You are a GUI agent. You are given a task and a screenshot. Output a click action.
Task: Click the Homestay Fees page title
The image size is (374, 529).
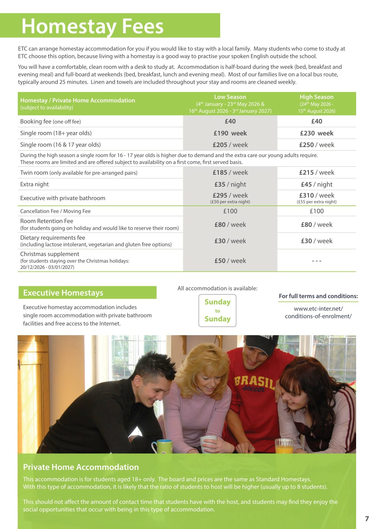(x=92, y=26)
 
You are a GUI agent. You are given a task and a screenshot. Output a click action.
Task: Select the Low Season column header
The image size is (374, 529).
(x=230, y=97)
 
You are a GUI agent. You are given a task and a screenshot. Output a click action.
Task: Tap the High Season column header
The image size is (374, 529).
(x=316, y=97)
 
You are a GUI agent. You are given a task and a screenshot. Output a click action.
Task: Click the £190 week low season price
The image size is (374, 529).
(x=230, y=133)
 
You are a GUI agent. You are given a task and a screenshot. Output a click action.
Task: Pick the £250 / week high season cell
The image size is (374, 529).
(x=316, y=145)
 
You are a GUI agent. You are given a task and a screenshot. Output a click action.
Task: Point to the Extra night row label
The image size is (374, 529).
(x=35, y=184)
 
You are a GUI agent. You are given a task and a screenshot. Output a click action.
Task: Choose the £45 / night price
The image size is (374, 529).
(x=316, y=184)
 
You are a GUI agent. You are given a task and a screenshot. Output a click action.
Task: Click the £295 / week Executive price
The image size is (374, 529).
(x=230, y=195)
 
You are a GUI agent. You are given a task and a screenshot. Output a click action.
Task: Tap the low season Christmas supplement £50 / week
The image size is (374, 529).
(x=230, y=261)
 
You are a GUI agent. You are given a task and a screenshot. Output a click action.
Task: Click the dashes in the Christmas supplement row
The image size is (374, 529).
(x=316, y=261)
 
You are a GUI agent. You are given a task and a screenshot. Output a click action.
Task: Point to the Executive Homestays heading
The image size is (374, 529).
(x=63, y=293)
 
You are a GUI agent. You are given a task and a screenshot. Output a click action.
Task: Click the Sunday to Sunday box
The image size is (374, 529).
(x=217, y=310)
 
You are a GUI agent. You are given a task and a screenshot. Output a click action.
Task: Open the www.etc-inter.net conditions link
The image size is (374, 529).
(x=318, y=313)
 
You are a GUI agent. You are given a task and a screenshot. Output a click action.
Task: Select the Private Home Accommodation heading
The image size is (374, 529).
(x=81, y=467)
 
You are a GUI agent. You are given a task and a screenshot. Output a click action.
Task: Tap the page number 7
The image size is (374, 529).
(x=367, y=519)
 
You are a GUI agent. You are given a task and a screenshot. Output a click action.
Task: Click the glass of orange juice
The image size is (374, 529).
(x=284, y=446)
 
